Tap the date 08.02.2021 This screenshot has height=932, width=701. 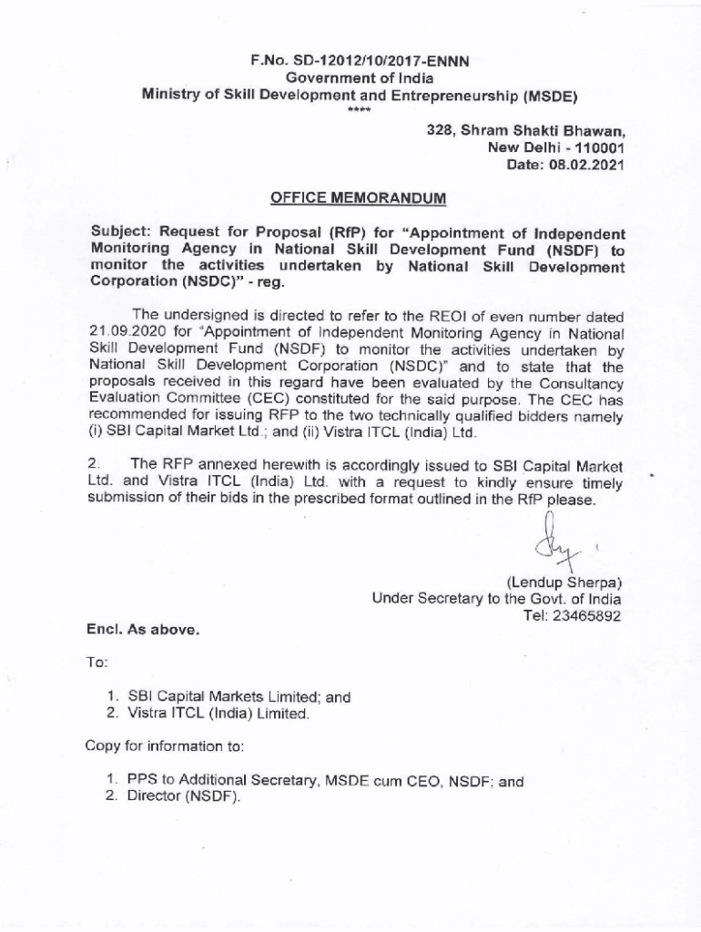tap(584, 165)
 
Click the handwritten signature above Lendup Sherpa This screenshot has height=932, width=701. tap(550, 543)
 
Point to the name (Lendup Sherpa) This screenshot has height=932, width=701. tap(564, 582)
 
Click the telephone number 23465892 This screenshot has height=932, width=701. tap(587, 615)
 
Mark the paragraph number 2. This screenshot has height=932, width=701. tap(92, 466)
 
